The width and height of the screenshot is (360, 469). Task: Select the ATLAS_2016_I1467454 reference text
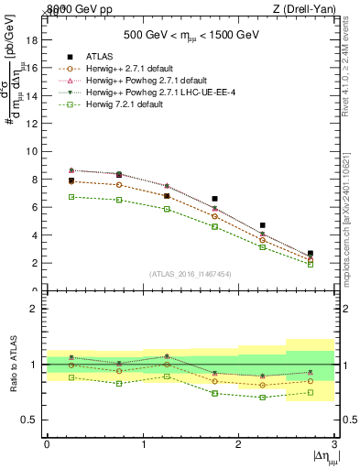point(191,274)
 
